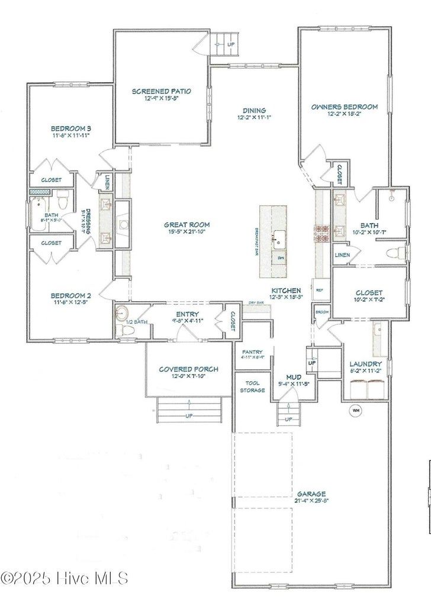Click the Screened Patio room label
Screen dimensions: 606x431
(x=162, y=91)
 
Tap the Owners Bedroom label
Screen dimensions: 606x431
(x=344, y=107)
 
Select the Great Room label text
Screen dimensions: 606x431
(x=187, y=225)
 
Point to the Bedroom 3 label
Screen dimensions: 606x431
(x=70, y=128)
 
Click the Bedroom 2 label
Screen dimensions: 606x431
(x=70, y=295)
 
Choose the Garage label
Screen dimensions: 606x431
(x=311, y=494)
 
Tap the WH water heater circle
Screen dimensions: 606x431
(x=356, y=410)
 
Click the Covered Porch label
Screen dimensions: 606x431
(x=188, y=369)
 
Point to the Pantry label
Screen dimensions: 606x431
(x=252, y=352)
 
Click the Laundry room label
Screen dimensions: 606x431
(x=365, y=363)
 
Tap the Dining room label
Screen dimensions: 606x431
(x=254, y=110)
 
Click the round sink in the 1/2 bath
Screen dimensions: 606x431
(x=122, y=313)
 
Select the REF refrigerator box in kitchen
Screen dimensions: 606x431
(x=320, y=290)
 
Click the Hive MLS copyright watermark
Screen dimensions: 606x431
(x=64, y=578)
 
